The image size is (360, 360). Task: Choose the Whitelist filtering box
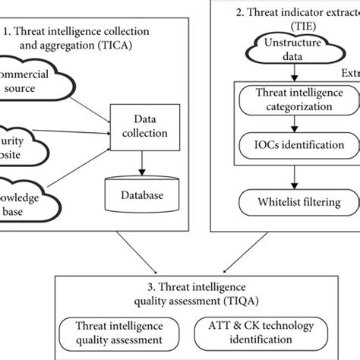[x=293, y=203]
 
